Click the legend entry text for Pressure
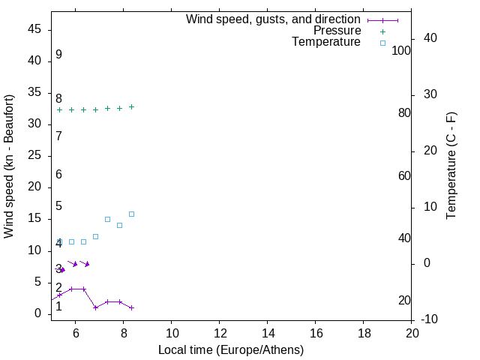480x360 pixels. point(337,31)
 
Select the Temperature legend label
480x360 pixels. point(326,42)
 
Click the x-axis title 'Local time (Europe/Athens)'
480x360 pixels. point(231,349)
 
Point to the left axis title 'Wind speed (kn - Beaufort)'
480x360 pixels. point(9,166)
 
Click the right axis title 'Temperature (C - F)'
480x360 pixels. point(451,166)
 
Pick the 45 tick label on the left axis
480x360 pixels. point(34,29)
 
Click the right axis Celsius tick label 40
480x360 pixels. point(430,38)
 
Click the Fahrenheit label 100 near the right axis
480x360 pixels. point(401,51)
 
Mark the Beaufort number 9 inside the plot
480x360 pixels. point(58,55)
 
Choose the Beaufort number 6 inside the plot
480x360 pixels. point(58,175)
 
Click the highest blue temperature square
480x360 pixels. point(131,214)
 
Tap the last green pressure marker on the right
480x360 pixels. point(131,106)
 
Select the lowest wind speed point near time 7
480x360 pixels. point(95,307)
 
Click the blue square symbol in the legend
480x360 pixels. point(382,43)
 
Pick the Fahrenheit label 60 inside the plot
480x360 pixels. point(404,175)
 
